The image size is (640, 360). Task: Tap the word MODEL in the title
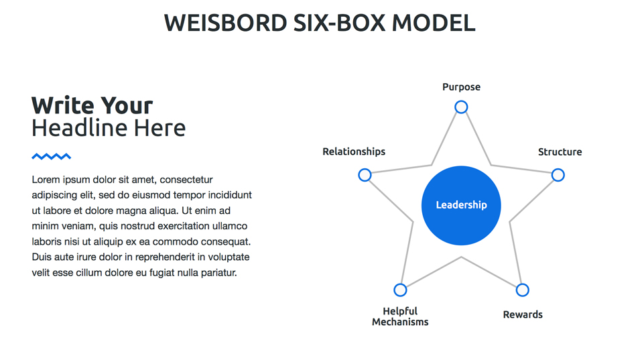433,23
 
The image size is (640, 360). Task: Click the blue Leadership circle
461,205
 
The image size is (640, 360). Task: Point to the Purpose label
461,87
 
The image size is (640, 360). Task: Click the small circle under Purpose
461,107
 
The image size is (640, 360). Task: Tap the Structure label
560,152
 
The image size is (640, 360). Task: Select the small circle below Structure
558,175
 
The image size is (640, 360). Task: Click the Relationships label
354,152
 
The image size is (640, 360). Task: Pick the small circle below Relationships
365,175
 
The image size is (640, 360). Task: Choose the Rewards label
523,314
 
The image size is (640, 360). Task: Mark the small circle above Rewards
522,290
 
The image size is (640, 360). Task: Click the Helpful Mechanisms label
400,316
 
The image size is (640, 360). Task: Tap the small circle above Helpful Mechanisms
400,290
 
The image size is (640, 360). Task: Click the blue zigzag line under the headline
52,157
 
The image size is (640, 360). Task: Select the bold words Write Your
92,105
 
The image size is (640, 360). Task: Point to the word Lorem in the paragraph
45,180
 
